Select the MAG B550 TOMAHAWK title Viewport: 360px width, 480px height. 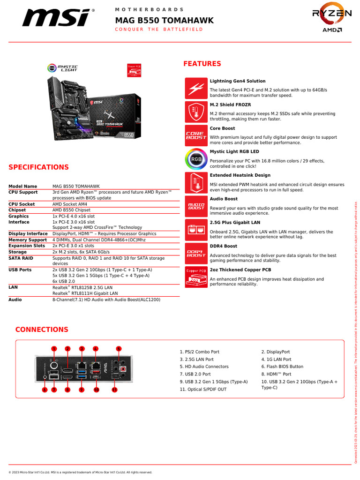(164, 20)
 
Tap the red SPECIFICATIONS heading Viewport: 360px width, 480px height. (38, 167)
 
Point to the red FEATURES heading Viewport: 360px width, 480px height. (202, 64)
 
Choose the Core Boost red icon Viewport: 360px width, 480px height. (196, 135)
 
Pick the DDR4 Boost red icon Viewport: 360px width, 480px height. (196, 254)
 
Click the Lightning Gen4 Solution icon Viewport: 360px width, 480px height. (196, 88)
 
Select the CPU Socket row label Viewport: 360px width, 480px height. (22, 204)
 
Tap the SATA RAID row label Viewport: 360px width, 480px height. (21, 258)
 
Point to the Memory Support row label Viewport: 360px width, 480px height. (28, 240)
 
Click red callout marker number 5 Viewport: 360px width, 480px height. (119, 348)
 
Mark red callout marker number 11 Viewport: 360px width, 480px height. (114, 390)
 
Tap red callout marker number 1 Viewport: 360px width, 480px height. (54, 348)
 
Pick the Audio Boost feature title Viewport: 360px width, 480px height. (224, 199)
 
